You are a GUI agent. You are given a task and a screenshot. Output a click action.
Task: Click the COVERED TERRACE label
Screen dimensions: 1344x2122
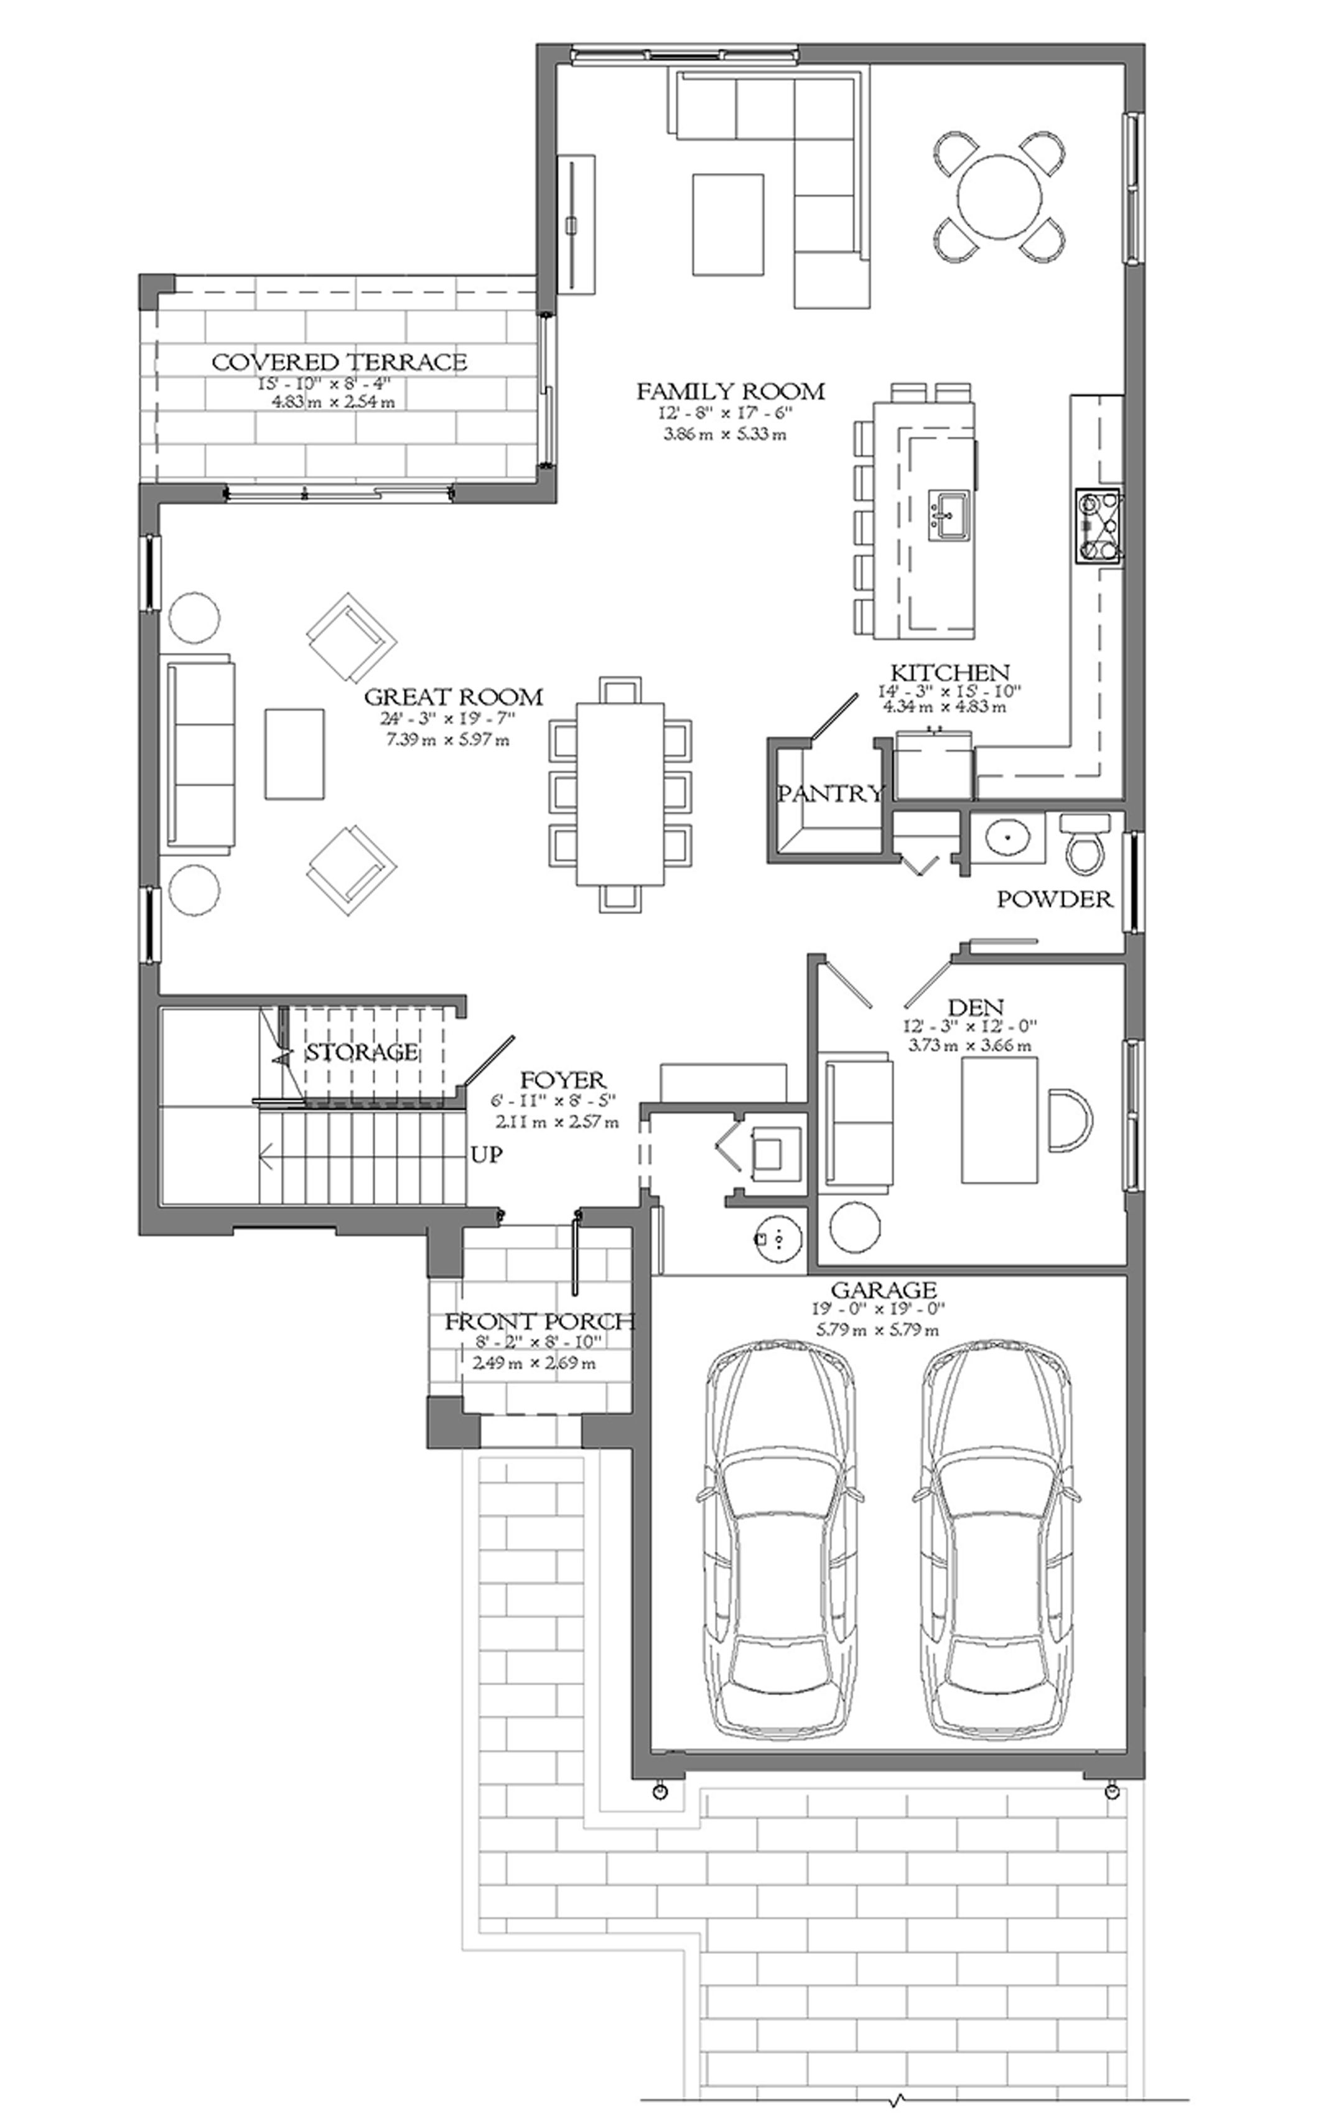click(x=338, y=362)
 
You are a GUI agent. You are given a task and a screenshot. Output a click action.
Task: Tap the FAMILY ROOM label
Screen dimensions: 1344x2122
click(x=730, y=390)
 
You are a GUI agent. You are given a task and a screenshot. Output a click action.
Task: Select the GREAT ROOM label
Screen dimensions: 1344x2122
click(x=454, y=697)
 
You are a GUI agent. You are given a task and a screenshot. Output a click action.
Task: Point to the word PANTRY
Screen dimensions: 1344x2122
click(x=829, y=793)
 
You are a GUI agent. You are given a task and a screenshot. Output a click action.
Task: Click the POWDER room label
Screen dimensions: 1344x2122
click(x=1055, y=899)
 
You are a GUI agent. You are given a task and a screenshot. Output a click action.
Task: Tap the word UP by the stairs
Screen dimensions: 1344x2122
click(x=487, y=1154)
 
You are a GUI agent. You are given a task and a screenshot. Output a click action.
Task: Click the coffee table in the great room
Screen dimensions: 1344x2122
click(x=294, y=754)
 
